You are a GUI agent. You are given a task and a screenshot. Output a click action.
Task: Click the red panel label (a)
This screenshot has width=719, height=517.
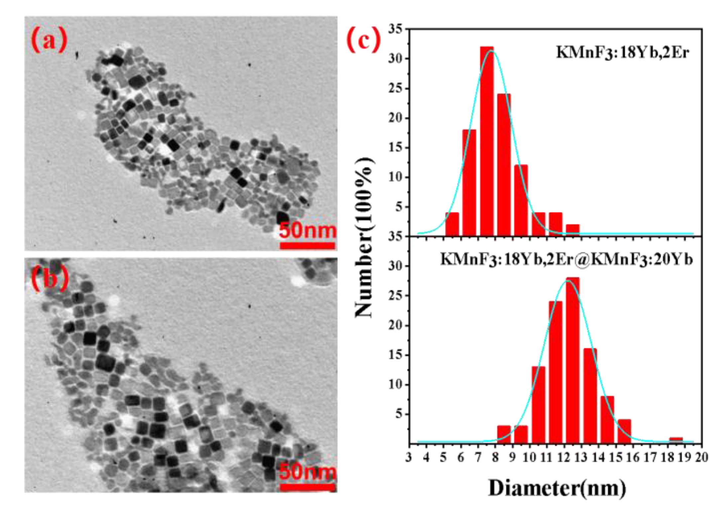[x=49, y=40]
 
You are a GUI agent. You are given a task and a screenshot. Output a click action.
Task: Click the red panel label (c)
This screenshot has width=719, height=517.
[x=363, y=40]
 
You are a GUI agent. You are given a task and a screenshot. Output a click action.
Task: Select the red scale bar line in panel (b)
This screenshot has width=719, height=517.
[x=307, y=487]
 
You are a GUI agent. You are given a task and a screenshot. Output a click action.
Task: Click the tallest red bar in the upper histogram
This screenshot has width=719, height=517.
[x=487, y=141]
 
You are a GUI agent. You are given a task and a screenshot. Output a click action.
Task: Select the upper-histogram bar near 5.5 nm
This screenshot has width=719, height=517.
[x=452, y=224]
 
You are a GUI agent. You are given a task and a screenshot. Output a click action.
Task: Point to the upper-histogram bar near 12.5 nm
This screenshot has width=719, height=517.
[x=572, y=230]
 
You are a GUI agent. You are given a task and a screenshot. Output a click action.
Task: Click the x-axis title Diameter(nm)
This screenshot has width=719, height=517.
[x=557, y=488]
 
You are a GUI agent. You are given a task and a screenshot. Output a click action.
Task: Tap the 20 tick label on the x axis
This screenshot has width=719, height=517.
[x=701, y=458]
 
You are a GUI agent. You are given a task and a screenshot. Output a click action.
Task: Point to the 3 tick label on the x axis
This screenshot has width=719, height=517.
[x=409, y=458]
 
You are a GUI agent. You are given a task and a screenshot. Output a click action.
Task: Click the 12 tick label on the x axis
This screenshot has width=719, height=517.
[x=564, y=458]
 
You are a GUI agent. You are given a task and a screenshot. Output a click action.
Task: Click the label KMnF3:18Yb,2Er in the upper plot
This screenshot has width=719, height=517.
[x=622, y=52]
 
